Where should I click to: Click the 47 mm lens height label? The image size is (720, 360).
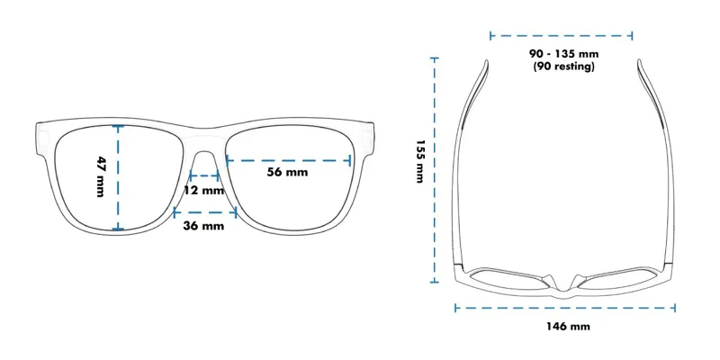(x=102, y=176)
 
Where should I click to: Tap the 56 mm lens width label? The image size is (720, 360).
(x=287, y=173)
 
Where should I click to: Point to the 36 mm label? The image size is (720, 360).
(x=203, y=225)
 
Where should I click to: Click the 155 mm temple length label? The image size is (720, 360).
(x=419, y=161)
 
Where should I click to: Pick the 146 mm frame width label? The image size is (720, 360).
(x=568, y=326)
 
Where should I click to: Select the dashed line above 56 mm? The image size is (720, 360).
(x=287, y=160)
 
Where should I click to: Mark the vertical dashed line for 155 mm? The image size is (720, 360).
(x=436, y=171)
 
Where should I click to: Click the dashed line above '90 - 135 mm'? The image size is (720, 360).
(x=562, y=36)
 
